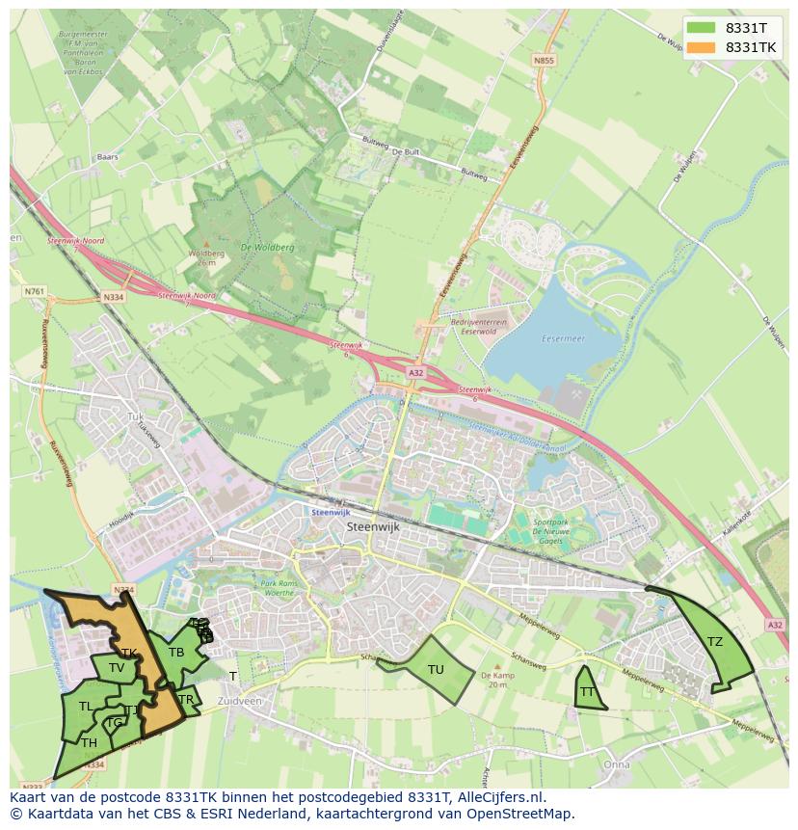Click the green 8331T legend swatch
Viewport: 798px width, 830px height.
702,28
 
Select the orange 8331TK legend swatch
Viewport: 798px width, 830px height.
702,47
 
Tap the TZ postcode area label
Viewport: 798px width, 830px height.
714,642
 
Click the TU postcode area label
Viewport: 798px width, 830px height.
436,670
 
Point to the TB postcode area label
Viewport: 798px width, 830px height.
176,653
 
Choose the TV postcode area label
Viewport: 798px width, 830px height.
117,668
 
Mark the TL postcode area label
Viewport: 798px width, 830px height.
86,707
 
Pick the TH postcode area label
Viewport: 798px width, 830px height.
89,743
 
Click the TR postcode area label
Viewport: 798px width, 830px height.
186,700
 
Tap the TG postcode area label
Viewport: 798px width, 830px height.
115,723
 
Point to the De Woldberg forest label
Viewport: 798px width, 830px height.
268,247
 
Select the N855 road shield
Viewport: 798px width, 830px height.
544,61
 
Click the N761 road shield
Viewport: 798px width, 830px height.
35,290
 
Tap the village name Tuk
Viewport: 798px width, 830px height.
134,416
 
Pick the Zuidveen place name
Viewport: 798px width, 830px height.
239,701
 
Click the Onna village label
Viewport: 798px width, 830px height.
617,764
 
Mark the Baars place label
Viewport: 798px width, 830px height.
107,155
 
